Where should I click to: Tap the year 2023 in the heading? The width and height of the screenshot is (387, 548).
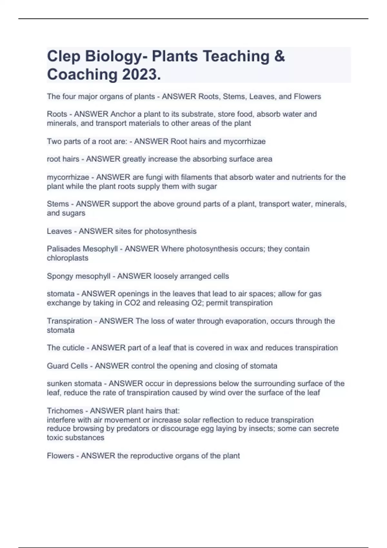141,75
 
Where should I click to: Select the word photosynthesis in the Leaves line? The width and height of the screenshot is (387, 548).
170,231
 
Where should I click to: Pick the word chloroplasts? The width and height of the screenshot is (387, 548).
67,258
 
